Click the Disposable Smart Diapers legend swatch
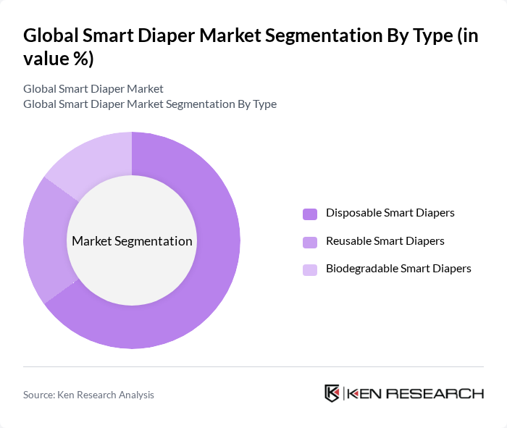pos(310,214)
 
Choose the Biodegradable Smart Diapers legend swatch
pos(310,269)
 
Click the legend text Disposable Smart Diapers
pos(390,213)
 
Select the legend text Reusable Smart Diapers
pos(385,240)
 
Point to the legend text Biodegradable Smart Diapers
pos(398,268)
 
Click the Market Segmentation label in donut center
pos(132,241)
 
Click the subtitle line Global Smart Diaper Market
pos(93,88)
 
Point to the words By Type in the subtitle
pos(256,104)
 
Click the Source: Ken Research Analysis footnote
pos(88,395)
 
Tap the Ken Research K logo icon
pos(332,393)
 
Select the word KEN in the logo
pos(366,394)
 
